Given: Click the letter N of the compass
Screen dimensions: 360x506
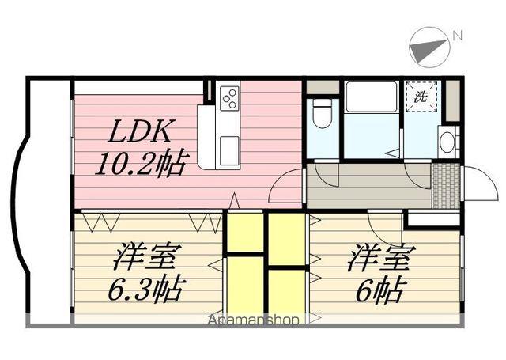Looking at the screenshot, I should [x=456, y=34].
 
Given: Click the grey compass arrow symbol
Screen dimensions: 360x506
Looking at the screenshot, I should [x=429, y=46].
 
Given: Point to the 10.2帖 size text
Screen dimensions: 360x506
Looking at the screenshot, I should [x=142, y=165].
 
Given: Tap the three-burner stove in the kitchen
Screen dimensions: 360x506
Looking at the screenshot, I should [x=230, y=97].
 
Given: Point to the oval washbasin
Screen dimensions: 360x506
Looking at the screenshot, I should [x=447, y=143].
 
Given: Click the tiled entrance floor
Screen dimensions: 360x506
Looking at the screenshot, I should [x=446, y=187].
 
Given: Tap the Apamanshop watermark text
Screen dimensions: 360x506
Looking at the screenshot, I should [x=253, y=320].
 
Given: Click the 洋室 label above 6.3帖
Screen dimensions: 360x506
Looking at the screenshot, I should [x=147, y=257].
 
